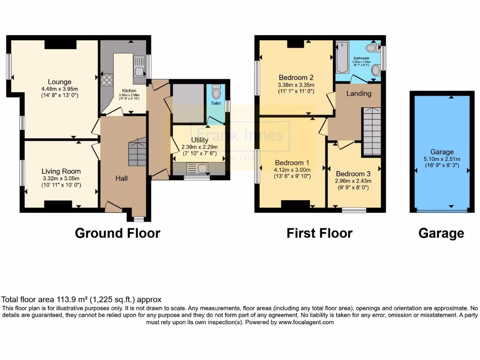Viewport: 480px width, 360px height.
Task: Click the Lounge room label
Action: coord(59,82)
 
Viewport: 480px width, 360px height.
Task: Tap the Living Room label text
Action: coord(61,171)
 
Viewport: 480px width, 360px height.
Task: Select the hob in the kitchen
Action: coord(107,79)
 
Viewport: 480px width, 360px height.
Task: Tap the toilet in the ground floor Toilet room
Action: coord(216,92)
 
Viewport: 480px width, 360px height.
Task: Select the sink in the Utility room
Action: coord(196,168)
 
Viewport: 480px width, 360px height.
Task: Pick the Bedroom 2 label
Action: coord(296,77)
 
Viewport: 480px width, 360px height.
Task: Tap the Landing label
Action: coord(359,93)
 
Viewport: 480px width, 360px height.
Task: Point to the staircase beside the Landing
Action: coord(372,131)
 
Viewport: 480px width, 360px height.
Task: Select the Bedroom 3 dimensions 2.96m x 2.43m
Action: coord(353,180)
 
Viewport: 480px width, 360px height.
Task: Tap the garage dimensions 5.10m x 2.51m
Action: coord(442,159)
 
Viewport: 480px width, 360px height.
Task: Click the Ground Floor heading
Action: coord(117,233)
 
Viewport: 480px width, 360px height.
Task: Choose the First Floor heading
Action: coord(319,233)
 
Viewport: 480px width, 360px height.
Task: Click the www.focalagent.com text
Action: coord(306,322)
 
